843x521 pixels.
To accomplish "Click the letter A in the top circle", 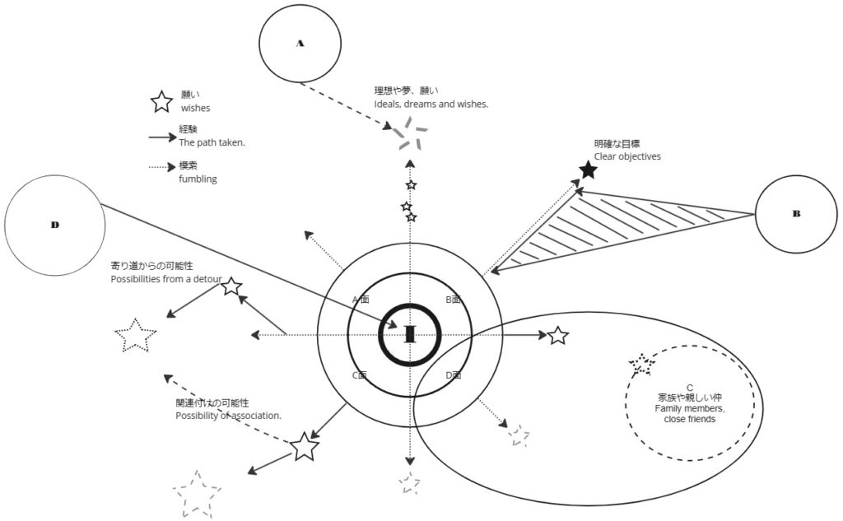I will click(300, 44).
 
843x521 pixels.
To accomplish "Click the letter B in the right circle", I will click(796, 213).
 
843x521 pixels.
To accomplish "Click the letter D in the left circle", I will click(54, 224).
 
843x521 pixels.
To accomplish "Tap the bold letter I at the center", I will click(410, 333).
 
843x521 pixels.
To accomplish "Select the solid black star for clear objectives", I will click(588, 170).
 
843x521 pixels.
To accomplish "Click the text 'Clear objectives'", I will click(627, 156).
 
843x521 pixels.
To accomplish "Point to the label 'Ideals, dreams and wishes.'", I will click(431, 105).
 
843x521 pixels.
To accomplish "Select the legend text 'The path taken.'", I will click(212, 142).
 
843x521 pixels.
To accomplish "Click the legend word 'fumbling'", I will click(198, 179).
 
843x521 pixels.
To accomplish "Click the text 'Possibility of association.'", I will click(228, 416).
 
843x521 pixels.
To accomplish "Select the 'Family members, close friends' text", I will click(689, 413).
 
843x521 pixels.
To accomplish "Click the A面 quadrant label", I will click(360, 300).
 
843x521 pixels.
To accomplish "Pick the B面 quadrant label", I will click(454, 300).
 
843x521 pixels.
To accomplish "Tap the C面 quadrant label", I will click(359, 375).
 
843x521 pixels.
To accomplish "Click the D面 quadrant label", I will click(453, 375).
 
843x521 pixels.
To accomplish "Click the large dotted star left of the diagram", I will click(135, 337).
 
